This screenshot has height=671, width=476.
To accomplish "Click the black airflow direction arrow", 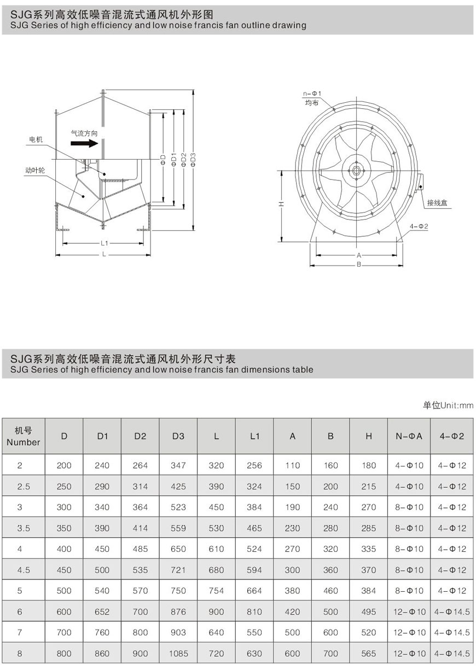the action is point(84,143).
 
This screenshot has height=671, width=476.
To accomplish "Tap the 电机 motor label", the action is point(36,139).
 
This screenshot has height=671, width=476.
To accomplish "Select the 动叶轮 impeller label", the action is point(35,171).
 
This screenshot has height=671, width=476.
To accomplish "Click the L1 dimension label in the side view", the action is point(104,243).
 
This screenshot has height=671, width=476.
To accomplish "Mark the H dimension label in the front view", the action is point(281,204).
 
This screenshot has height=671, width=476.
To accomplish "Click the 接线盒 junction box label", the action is point(437,203).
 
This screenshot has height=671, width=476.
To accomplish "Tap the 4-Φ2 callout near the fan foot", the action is point(419,226).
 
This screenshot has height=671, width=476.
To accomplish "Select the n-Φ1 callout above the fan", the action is point(312,94).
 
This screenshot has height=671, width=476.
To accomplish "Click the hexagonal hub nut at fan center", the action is point(356,171).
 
